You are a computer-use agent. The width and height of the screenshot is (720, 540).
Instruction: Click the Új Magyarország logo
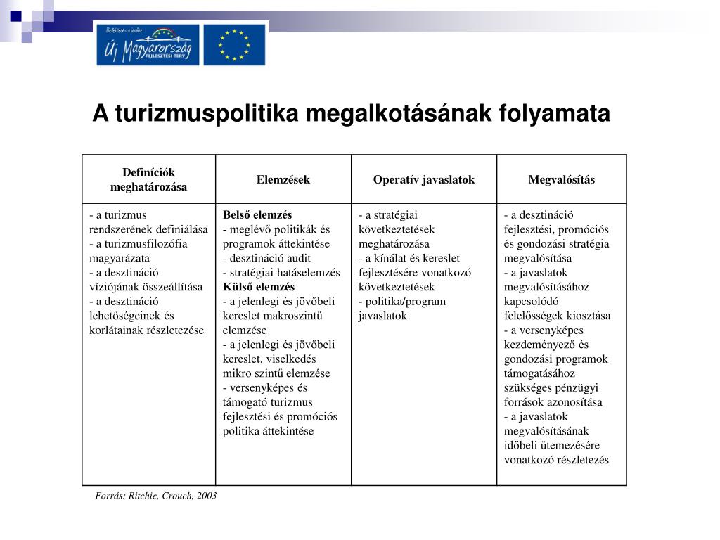(x=148, y=44)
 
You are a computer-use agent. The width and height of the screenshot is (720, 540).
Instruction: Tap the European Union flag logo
(x=234, y=44)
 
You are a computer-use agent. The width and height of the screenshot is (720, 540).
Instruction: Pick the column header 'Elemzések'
(x=283, y=180)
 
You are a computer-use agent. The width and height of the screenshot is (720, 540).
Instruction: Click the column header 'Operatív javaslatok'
(x=424, y=180)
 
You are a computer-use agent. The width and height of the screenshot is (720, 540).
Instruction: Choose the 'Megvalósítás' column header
(x=561, y=180)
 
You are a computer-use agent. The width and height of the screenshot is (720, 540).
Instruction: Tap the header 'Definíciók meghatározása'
(x=148, y=180)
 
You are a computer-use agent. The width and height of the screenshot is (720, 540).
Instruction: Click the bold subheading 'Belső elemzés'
(x=257, y=215)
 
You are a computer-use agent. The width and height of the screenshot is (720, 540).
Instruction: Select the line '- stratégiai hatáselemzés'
(x=281, y=273)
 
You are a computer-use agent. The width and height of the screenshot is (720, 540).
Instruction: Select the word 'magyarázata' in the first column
(x=115, y=258)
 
